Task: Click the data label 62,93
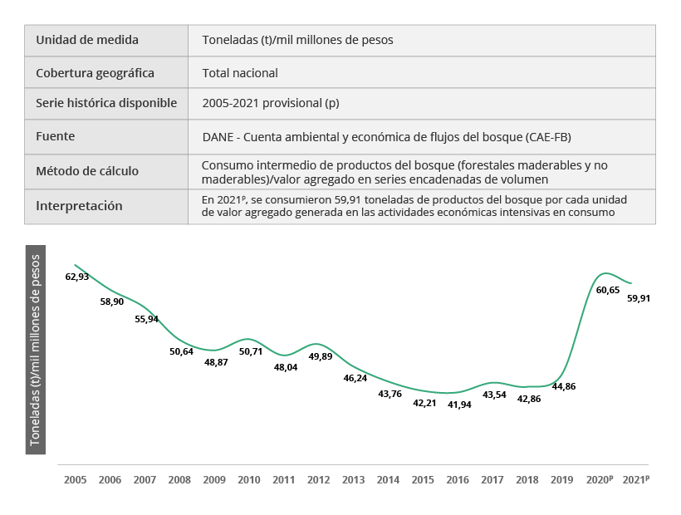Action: (77, 277)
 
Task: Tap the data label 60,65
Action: (608, 290)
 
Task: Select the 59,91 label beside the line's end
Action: (639, 298)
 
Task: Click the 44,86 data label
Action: (564, 387)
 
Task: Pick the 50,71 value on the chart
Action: (250, 351)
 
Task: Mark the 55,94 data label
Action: (146, 319)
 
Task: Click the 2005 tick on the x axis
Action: (75, 480)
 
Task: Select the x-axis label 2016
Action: (458, 480)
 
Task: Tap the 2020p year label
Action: (599, 480)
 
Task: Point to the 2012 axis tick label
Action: (318, 480)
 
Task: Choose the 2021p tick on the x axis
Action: (636, 480)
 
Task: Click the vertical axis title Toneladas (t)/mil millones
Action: (35, 350)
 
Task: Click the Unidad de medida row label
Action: (87, 40)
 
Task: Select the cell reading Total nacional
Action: (240, 73)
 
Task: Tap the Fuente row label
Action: (56, 135)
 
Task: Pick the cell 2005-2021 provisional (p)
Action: (271, 104)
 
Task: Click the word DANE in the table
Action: (219, 136)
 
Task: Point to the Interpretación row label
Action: (79, 206)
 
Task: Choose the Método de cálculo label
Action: (87, 171)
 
